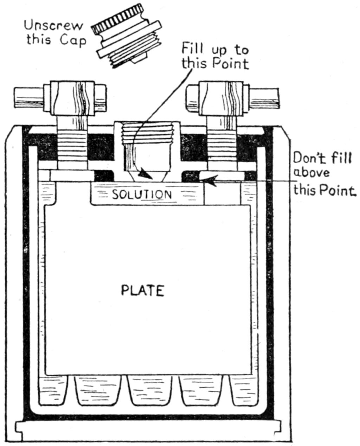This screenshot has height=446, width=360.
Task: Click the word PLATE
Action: [x=142, y=291]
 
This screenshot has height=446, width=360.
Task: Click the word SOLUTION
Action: [x=142, y=195]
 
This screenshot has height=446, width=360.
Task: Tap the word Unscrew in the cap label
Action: [x=54, y=26]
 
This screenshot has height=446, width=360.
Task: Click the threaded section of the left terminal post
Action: [x=72, y=148]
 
